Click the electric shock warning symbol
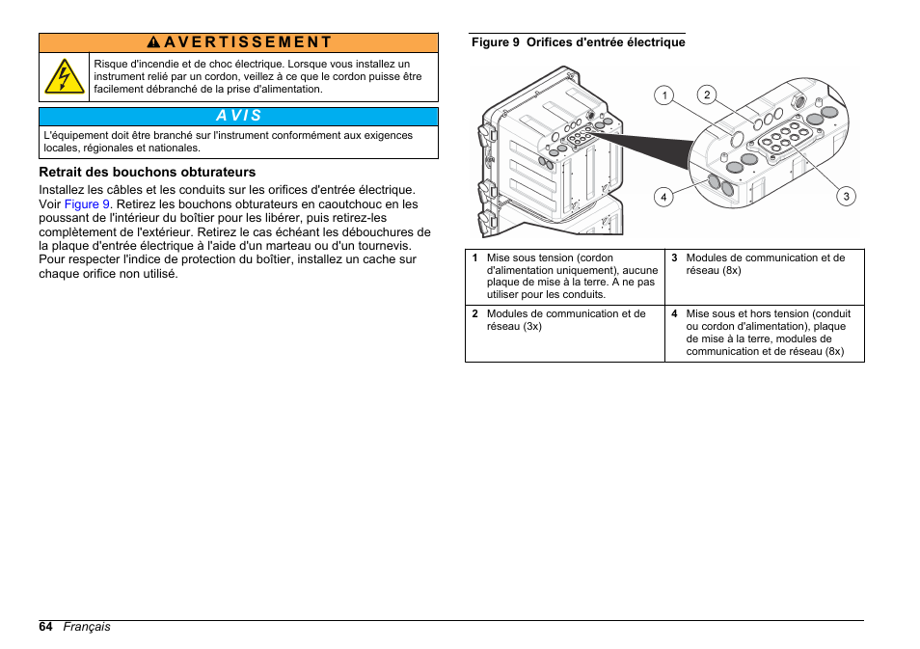tap(65, 77)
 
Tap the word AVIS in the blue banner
tap(238, 116)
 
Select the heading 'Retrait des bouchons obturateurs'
tap(147, 173)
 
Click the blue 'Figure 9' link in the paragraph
tap(87, 204)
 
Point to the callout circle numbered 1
tap(663, 95)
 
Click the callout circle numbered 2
tap(707, 95)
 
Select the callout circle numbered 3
tap(846, 197)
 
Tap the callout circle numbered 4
tap(663, 197)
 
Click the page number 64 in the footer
tap(46, 627)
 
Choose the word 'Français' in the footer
tap(87, 627)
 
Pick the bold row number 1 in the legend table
tap(474, 258)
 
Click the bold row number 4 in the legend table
tap(674, 314)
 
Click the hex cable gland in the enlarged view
tap(798, 99)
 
